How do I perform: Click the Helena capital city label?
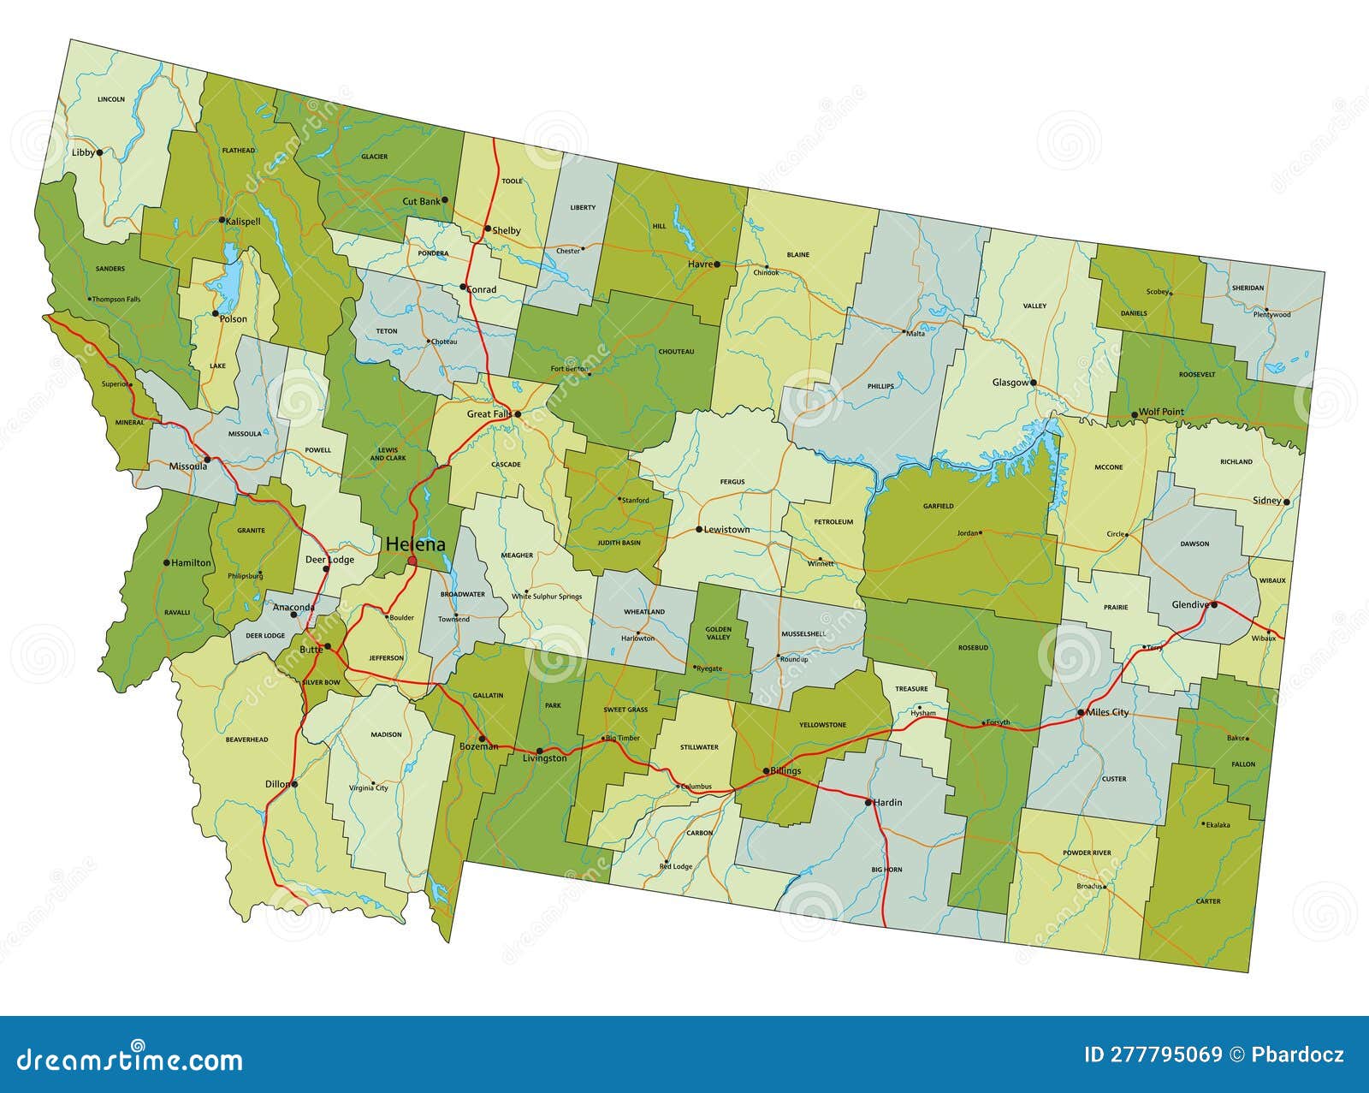tap(415, 544)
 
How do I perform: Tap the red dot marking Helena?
tap(412, 561)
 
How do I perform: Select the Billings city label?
tap(785, 771)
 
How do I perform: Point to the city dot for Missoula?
tap(206, 460)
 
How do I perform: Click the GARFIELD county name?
tap(938, 506)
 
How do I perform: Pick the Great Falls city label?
tap(489, 414)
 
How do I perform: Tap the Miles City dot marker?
tap(1081, 712)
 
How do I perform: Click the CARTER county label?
tap(1208, 901)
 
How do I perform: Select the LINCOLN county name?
tap(111, 99)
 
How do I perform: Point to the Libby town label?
tap(83, 152)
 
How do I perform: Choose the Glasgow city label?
tap(1010, 383)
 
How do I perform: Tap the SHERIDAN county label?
tap(1248, 288)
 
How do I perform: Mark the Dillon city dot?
tap(293, 783)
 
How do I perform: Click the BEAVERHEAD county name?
tap(246, 740)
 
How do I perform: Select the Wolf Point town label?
tap(1161, 412)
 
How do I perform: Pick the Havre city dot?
tap(717, 264)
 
